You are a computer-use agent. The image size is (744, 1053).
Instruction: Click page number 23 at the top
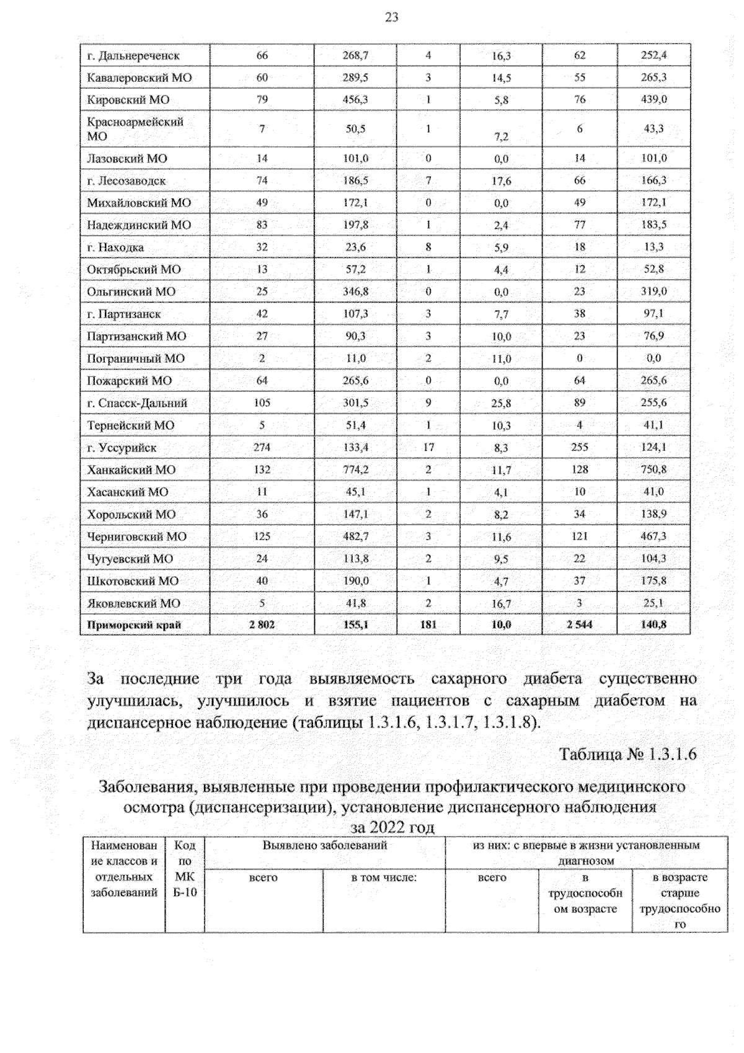pyautogui.click(x=391, y=18)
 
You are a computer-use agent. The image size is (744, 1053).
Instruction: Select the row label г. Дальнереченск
pyautogui.click(x=133, y=56)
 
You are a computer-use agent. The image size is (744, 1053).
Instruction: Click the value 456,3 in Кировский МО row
pyautogui.click(x=355, y=100)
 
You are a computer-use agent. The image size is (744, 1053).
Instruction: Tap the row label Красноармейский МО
pyautogui.click(x=135, y=129)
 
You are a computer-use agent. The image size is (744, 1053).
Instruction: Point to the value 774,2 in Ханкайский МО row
pyautogui.click(x=355, y=470)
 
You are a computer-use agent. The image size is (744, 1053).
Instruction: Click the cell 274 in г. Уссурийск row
pyautogui.click(x=262, y=448)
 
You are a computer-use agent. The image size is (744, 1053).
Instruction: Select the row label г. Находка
pyautogui.click(x=115, y=247)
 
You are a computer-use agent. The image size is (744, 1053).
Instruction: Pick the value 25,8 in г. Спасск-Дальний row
pyautogui.click(x=501, y=404)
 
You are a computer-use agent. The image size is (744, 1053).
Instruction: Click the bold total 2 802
pyautogui.click(x=262, y=625)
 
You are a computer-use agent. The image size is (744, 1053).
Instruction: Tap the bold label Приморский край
pyautogui.click(x=134, y=625)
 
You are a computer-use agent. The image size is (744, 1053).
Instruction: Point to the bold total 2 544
pyautogui.click(x=579, y=625)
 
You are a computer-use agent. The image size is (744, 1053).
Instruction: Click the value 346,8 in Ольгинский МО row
pyautogui.click(x=355, y=292)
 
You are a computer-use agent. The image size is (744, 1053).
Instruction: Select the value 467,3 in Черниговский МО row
pyautogui.click(x=653, y=536)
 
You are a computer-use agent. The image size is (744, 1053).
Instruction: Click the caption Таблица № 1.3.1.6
pyautogui.click(x=628, y=755)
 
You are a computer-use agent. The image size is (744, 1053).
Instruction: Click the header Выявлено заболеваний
pyautogui.click(x=325, y=845)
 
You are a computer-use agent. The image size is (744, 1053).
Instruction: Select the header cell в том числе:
pyautogui.click(x=384, y=878)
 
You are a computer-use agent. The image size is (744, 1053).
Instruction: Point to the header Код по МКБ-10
pyautogui.click(x=185, y=869)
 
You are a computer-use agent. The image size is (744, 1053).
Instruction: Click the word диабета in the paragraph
pyautogui.click(x=552, y=679)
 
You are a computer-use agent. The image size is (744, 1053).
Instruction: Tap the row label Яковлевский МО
pyautogui.click(x=133, y=603)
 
